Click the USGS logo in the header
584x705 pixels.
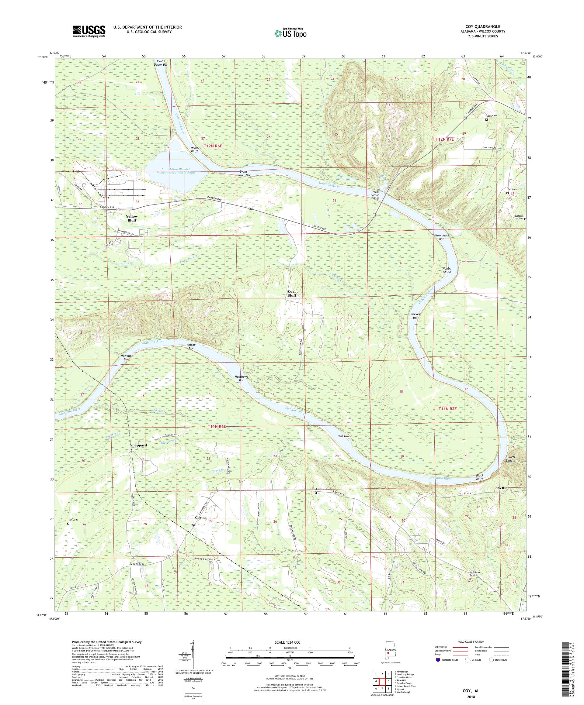click(89, 31)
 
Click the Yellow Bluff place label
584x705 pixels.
click(132, 218)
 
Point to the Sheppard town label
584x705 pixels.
click(138, 445)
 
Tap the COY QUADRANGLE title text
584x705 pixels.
click(482, 26)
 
